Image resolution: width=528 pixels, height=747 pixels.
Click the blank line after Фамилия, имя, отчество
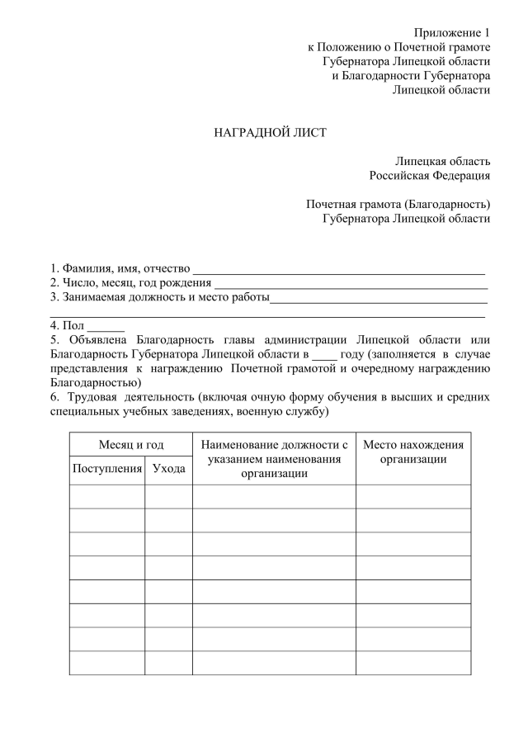tap(338, 269)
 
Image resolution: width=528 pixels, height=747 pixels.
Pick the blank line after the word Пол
tap(106, 327)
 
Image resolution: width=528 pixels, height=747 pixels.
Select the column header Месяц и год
tap(131, 445)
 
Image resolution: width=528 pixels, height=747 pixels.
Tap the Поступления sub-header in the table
tap(107, 469)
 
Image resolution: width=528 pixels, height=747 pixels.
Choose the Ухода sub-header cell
tap(169, 469)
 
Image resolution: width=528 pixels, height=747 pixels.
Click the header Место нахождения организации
tap(413, 452)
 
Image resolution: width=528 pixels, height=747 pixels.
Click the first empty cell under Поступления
tap(107, 496)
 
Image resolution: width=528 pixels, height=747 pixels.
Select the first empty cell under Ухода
tap(169, 496)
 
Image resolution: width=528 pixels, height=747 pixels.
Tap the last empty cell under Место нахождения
tap(413, 663)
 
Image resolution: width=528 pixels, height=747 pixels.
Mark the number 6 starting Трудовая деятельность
tap(54, 397)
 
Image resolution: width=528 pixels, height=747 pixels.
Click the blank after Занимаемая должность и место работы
tap(379, 298)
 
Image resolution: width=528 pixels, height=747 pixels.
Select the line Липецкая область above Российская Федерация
tap(442, 161)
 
